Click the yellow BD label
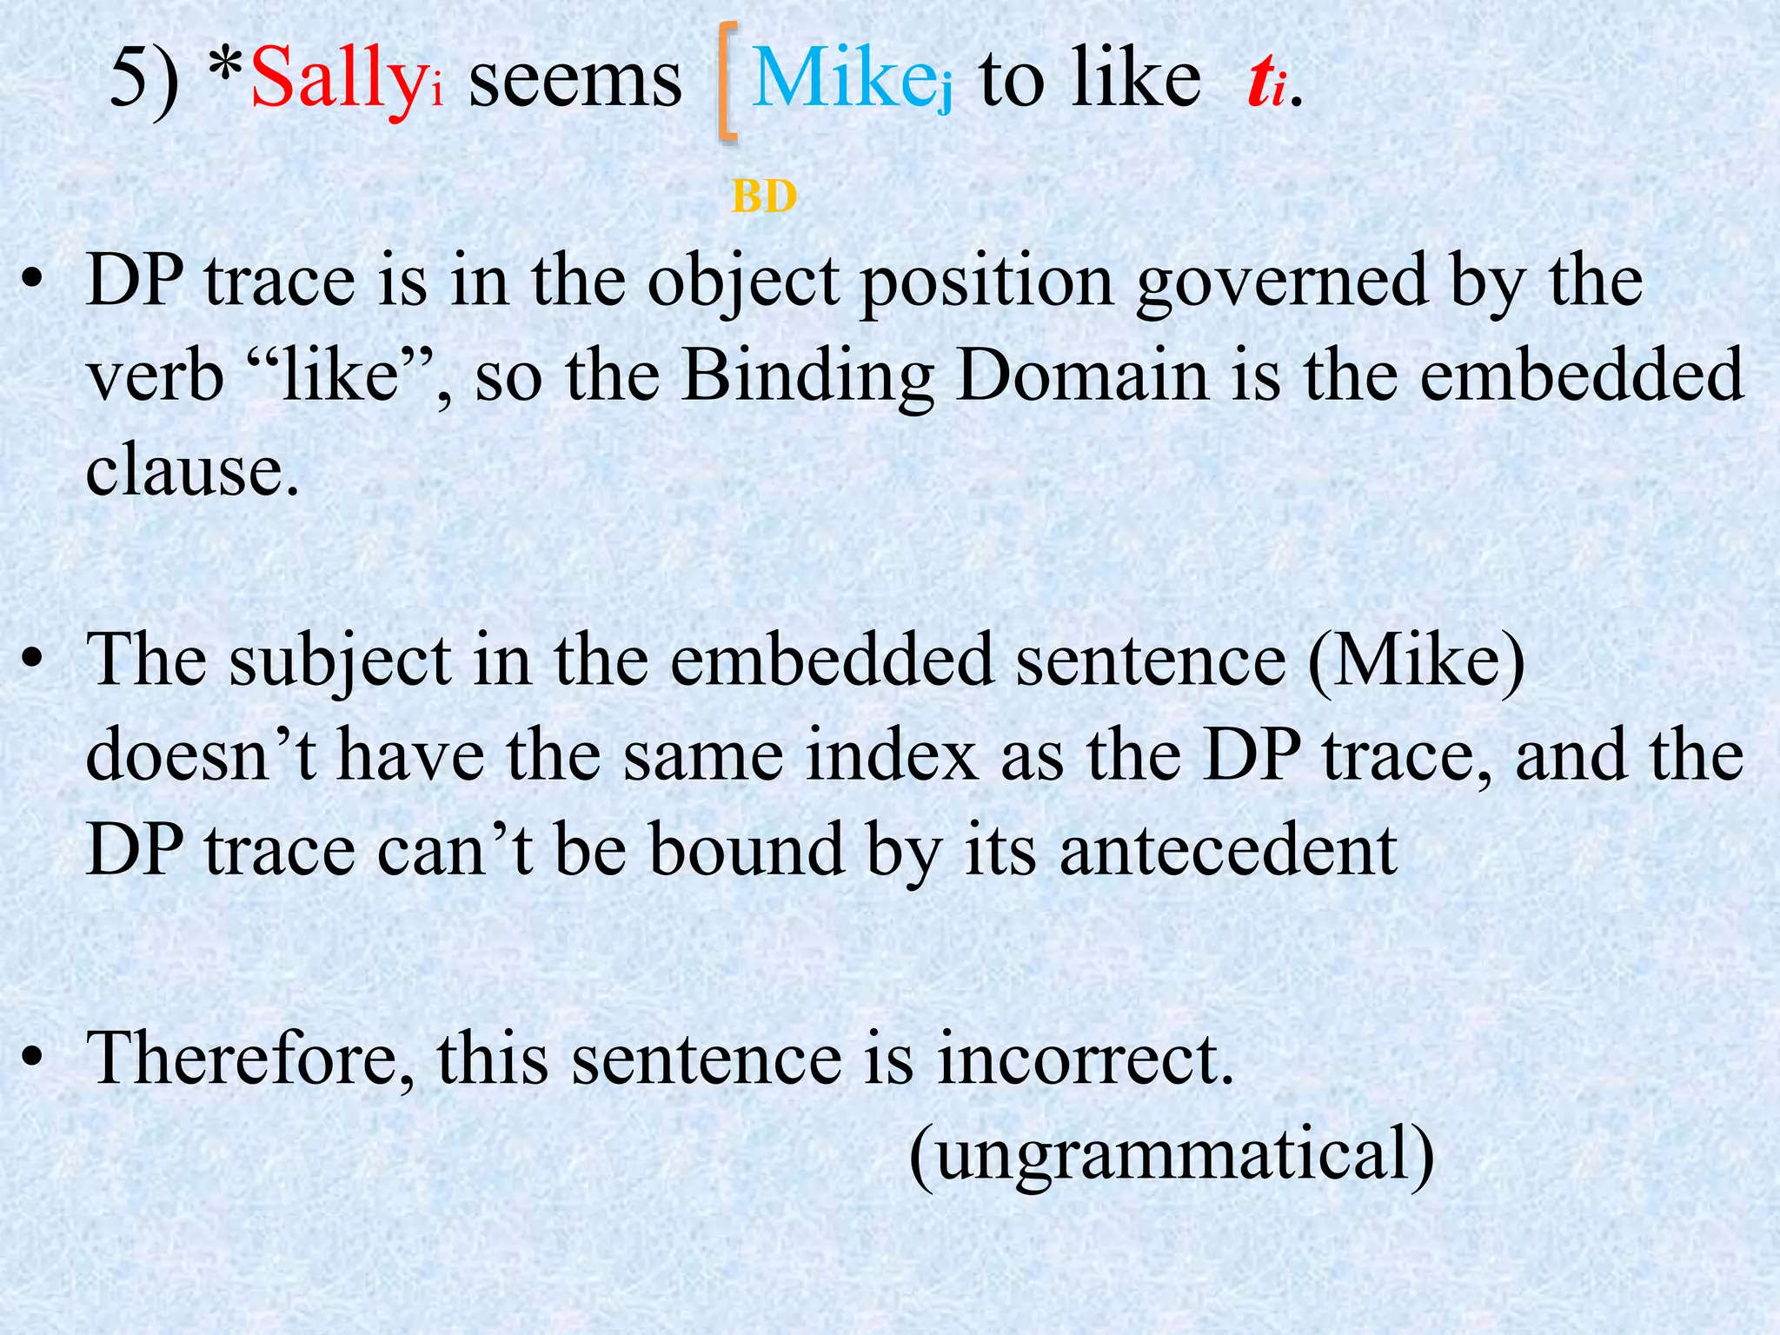[x=764, y=197]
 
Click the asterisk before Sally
[x=229, y=70]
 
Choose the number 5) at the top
[x=144, y=80]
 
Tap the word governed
[x=1282, y=282]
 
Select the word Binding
[x=807, y=378]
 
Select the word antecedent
[x=1227, y=849]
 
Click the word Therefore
[x=251, y=1059]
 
